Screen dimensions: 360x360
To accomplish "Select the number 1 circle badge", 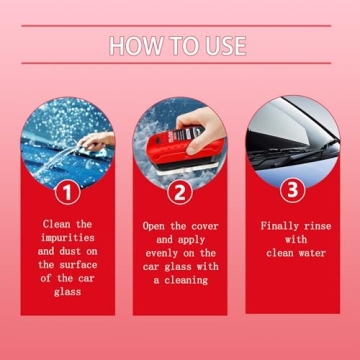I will [x=67, y=190].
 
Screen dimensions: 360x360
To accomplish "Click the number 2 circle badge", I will [x=180, y=190].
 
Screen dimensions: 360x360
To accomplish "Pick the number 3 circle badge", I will [x=292, y=188].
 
